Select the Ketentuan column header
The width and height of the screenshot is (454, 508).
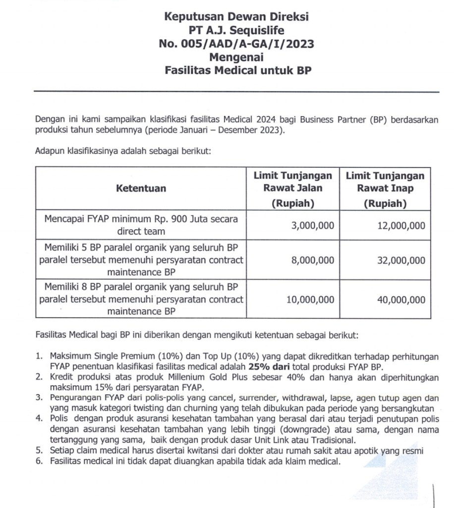[141, 189]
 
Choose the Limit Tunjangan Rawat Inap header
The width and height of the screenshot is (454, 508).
[385, 189]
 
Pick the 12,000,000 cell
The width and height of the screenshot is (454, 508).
[401, 225]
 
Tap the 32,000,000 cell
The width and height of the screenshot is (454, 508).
[401, 260]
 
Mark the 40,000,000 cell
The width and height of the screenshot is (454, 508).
[401, 300]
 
